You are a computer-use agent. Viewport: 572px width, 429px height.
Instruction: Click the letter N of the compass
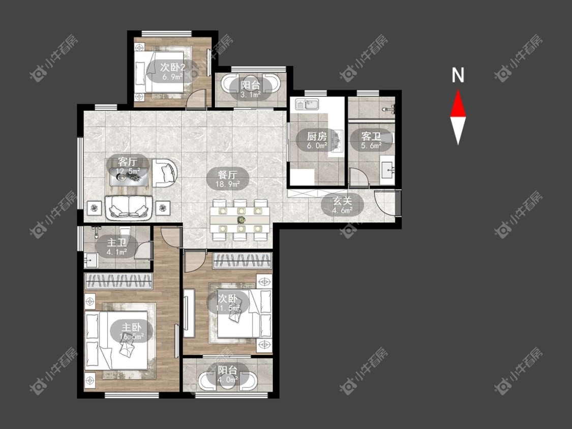[458, 75]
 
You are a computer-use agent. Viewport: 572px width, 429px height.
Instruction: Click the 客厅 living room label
[127, 162]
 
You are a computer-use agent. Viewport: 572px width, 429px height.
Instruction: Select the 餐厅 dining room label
[228, 175]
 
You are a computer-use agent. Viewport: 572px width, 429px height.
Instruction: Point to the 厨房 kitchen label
[317, 136]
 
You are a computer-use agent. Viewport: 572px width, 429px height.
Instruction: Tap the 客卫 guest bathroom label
[371, 136]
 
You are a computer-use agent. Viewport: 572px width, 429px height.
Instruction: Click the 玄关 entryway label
[342, 201]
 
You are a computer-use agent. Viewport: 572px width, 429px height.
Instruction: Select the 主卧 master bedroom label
[131, 327]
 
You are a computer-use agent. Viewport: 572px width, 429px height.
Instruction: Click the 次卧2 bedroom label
[172, 67]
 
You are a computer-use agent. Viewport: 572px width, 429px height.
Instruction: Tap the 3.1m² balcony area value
[251, 95]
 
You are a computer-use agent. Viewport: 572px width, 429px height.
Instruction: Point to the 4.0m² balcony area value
[228, 379]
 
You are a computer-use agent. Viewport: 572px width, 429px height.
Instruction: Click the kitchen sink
[307, 104]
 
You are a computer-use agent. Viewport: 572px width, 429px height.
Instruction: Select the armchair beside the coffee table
[165, 173]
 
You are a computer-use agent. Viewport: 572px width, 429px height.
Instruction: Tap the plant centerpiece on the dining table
[241, 220]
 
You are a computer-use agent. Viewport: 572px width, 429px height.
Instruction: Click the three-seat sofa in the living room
[129, 207]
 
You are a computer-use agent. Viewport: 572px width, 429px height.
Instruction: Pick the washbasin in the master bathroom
[91, 260]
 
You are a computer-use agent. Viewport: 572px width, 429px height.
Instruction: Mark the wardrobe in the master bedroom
[118, 281]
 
